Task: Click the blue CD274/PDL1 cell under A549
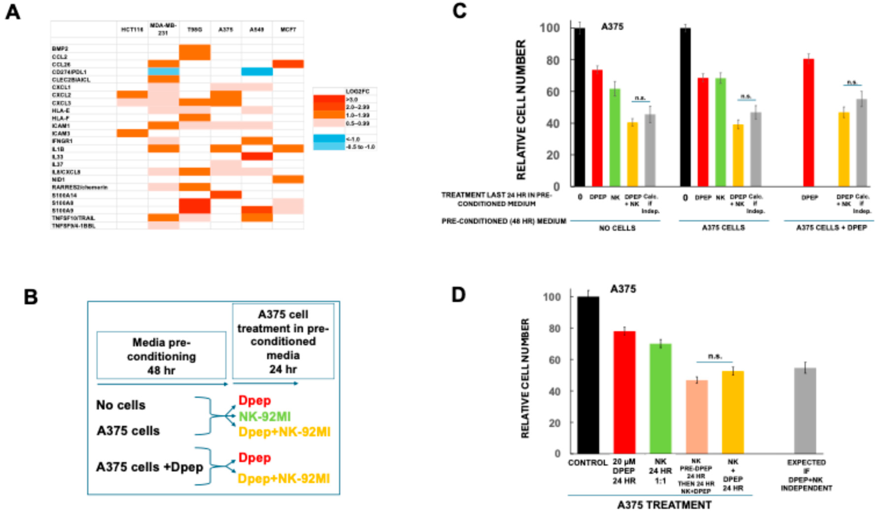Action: pos(257,72)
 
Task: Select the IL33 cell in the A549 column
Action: pos(257,156)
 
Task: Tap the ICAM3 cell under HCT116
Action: pos(132,133)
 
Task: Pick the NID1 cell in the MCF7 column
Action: pos(288,179)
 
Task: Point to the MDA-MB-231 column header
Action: pos(163,29)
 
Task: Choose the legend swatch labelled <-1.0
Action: pos(329,139)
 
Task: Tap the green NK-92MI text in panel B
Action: pos(265,417)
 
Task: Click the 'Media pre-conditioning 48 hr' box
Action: pos(161,356)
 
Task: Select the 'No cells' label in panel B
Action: pos(121,405)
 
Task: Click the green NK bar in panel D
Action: pos(660,399)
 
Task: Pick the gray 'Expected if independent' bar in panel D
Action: pos(805,411)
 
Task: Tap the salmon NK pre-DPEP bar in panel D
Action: pos(697,417)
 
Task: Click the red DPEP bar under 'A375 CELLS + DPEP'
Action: pos(809,122)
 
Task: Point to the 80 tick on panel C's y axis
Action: pos(553,60)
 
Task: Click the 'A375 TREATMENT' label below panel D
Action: pos(664,505)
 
